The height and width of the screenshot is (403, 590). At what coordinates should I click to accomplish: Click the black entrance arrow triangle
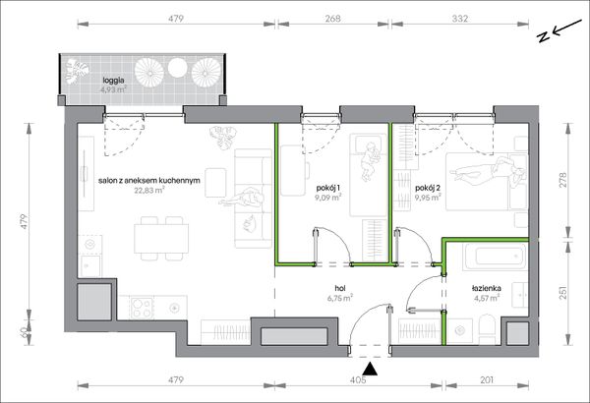coord(372,370)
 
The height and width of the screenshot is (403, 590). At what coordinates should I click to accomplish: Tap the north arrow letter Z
coord(543,37)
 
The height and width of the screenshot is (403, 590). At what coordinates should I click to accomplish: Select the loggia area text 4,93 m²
coord(113,89)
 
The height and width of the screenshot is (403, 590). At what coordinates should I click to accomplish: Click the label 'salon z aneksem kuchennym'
coord(149,181)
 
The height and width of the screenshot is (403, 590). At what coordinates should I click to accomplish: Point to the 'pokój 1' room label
coord(328,188)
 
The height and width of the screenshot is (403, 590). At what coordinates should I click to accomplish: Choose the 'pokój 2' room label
coord(428,188)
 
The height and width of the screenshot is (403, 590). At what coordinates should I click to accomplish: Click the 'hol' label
coord(340,289)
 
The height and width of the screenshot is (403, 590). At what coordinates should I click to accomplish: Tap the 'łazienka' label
coord(487,289)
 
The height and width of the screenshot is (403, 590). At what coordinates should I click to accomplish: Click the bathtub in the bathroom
coord(495,257)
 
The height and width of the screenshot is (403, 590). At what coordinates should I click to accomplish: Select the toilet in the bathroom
coord(488,329)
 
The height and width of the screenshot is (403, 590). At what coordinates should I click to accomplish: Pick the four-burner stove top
coord(142,308)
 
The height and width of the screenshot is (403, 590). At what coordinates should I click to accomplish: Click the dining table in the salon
coord(161,238)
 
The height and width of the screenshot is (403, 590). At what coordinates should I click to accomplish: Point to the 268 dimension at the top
coord(333,19)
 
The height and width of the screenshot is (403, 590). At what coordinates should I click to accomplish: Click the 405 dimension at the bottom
coord(358,380)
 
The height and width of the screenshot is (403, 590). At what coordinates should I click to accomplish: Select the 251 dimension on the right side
coord(562,292)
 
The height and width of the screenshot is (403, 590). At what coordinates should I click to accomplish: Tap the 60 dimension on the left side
coord(24,332)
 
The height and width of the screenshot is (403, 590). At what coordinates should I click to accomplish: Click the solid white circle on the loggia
coord(178,68)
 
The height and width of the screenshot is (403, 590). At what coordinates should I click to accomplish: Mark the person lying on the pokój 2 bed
coord(488,171)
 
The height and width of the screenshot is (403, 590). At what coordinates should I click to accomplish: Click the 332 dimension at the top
coord(460,19)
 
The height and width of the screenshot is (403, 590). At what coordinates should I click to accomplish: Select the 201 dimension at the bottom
coord(487,380)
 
